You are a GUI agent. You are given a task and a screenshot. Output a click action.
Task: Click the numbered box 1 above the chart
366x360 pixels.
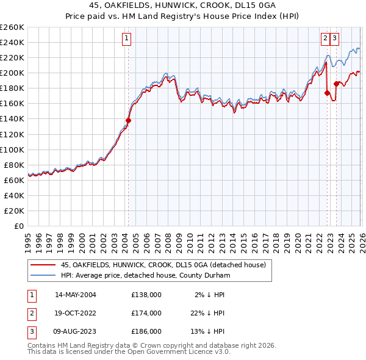point(127,38)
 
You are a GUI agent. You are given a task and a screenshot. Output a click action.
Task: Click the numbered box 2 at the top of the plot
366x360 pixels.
point(326,38)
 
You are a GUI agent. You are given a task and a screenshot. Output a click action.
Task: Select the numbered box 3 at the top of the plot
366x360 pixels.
point(335,38)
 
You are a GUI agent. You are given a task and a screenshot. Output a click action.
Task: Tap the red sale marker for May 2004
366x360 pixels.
point(128,120)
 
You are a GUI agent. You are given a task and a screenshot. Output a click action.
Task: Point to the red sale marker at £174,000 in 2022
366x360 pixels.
point(328,93)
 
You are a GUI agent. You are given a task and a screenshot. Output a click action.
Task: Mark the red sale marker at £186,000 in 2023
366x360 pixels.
point(336,84)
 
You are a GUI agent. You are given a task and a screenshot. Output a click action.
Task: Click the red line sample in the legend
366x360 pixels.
point(43,265)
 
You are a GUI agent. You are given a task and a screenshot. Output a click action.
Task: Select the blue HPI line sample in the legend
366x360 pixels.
point(43,276)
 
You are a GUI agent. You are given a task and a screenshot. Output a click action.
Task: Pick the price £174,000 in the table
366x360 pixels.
point(146,313)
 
